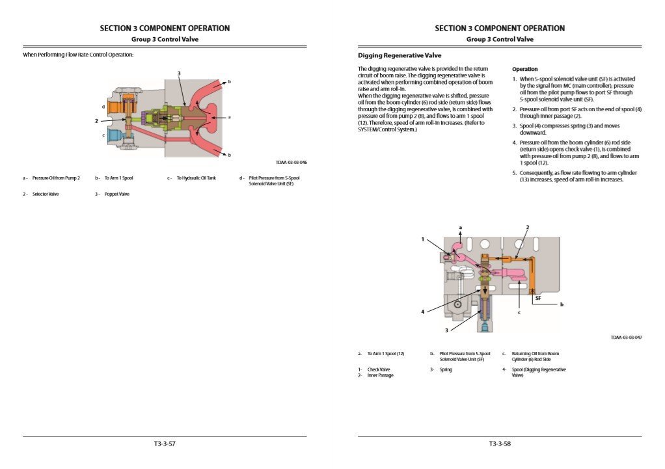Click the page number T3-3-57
(x=165, y=444)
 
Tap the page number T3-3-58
(x=500, y=444)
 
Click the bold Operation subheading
(x=524, y=69)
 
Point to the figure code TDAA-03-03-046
(x=291, y=163)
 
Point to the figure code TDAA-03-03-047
(x=626, y=338)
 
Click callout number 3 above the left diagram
(x=179, y=73)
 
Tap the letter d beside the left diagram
(x=103, y=106)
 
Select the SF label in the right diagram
(x=538, y=298)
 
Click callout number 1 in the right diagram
(x=422, y=239)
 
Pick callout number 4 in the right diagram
(x=422, y=312)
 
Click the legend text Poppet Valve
(x=117, y=194)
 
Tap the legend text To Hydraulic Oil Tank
(x=197, y=178)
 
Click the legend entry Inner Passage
(x=381, y=375)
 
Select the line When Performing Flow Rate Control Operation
(x=78, y=55)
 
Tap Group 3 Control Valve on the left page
(x=165, y=39)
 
